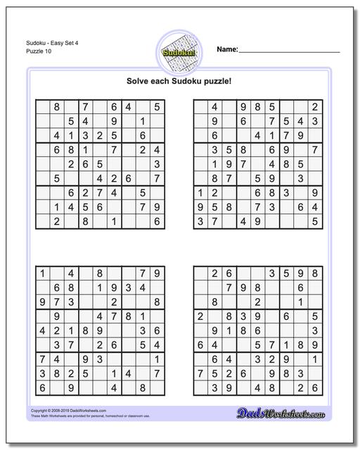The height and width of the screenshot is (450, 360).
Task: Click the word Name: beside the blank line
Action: (227, 50)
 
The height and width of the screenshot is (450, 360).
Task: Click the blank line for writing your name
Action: (290, 52)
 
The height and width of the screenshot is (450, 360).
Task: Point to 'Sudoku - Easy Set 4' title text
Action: (41, 43)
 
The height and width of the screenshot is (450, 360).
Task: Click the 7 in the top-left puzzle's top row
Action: (85, 108)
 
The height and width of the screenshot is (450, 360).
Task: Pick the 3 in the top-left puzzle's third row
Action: (85, 136)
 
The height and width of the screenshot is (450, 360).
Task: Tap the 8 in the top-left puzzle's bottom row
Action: (85, 221)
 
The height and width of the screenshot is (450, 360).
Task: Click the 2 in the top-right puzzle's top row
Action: (316, 108)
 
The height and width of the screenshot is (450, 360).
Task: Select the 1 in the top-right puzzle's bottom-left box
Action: (200, 193)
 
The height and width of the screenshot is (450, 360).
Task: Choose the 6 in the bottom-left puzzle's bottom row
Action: (42, 387)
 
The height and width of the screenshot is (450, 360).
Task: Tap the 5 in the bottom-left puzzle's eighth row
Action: (85, 373)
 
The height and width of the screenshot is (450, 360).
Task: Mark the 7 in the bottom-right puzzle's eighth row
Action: (200, 373)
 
